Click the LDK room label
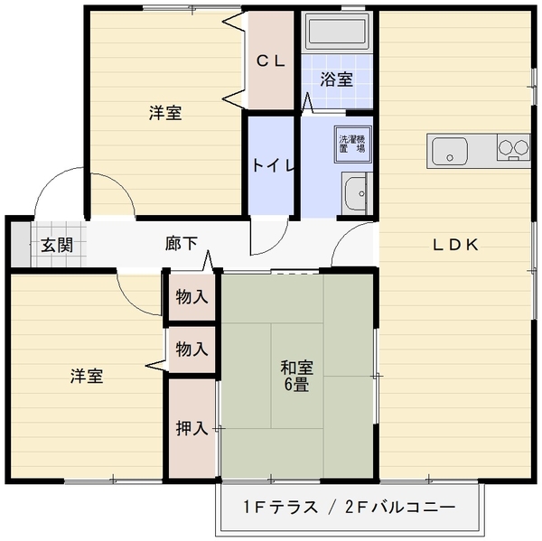(456, 245)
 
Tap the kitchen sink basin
(450, 152)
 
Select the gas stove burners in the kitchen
(513, 147)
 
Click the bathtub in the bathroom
(337, 32)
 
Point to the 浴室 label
(336, 79)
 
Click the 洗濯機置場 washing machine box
(352, 145)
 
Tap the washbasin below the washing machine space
(356, 193)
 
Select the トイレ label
(273, 165)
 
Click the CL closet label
(271, 61)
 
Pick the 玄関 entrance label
(57, 245)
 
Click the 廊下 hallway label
(182, 243)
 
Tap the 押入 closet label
(192, 428)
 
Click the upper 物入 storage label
(192, 296)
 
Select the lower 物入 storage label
(192, 349)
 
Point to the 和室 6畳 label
(296, 376)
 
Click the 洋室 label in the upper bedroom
(165, 113)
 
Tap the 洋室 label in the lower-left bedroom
(87, 376)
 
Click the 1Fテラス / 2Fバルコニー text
(350, 507)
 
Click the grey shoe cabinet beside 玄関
(21, 244)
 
